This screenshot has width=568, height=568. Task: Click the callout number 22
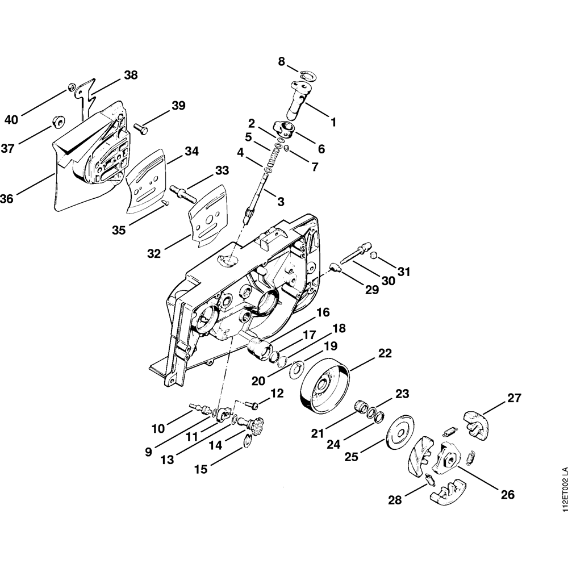tap(385, 353)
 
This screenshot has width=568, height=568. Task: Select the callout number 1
tap(333, 122)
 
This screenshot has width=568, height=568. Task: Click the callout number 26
tap(507, 495)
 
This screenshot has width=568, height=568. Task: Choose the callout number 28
tap(395, 500)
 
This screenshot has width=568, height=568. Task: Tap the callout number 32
tap(153, 253)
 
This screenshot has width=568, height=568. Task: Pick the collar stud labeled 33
tap(182, 193)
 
